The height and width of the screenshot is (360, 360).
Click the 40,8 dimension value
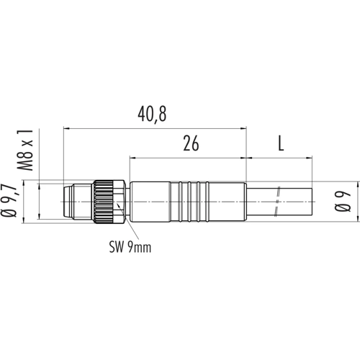click(152, 114)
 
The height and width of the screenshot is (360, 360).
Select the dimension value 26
click(191, 143)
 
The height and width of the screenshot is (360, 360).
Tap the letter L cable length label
click(281, 143)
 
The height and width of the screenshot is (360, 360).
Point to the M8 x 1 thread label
click(25, 150)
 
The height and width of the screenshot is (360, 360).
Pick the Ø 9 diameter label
click(343, 202)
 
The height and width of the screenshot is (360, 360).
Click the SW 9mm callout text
click(130, 248)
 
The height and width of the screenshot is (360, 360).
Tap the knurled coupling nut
click(103, 202)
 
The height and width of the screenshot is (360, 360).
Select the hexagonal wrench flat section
click(119, 202)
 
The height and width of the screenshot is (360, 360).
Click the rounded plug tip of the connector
click(68, 202)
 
